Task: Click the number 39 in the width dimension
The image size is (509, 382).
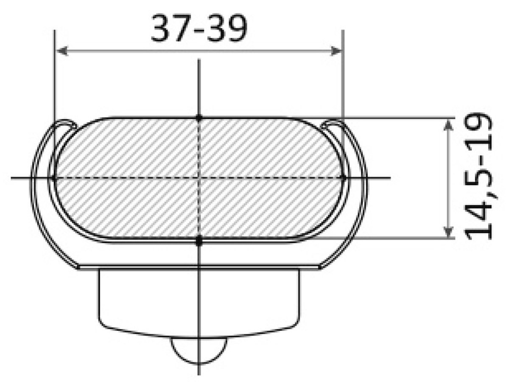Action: [227, 28]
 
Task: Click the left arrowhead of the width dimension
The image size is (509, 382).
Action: [62, 51]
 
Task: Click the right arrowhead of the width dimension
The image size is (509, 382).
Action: [336, 51]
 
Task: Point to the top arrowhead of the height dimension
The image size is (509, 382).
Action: [448, 125]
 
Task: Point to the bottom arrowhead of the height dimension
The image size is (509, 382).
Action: [448, 232]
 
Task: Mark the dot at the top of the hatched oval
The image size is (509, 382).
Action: [199, 118]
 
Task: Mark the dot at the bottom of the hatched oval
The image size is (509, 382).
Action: [199, 241]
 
